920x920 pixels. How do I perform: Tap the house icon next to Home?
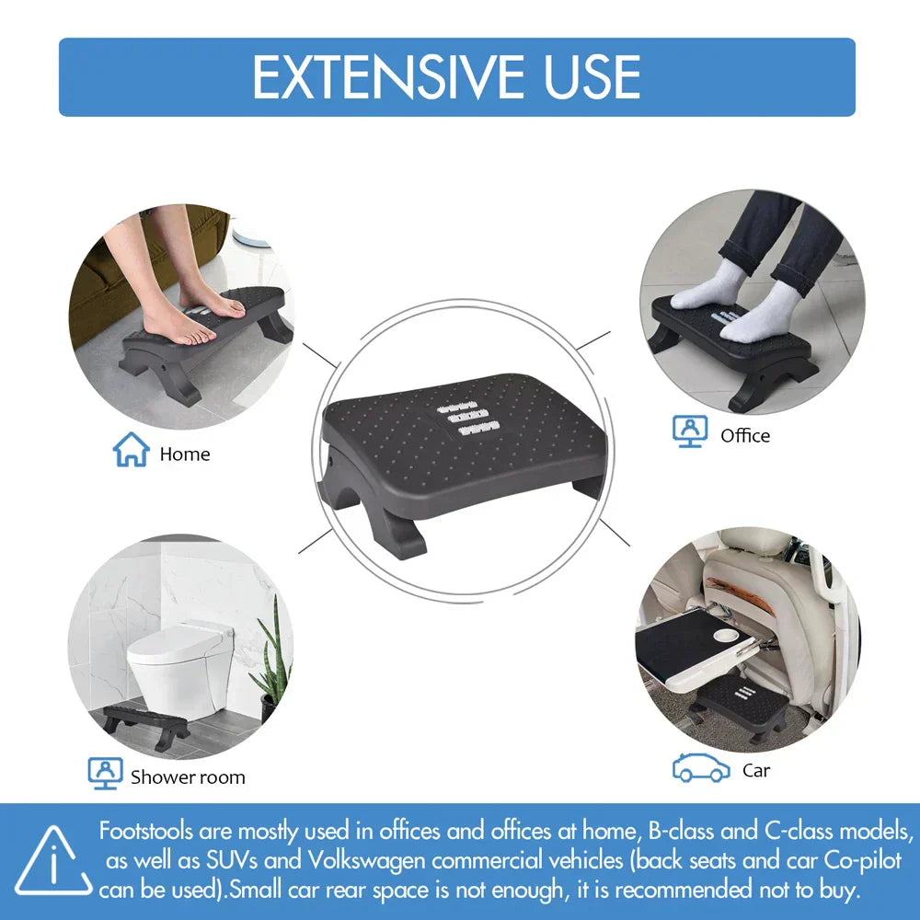point(131,450)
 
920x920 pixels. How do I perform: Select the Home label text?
point(184,454)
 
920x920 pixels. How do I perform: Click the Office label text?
point(745,435)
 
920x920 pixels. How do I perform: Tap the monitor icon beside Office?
point(690,431)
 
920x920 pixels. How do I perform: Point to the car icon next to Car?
point(701,769)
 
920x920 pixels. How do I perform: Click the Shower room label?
point(188,776)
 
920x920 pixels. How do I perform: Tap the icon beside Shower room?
point(105,773)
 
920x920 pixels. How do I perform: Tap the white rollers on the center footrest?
point(468,416)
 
